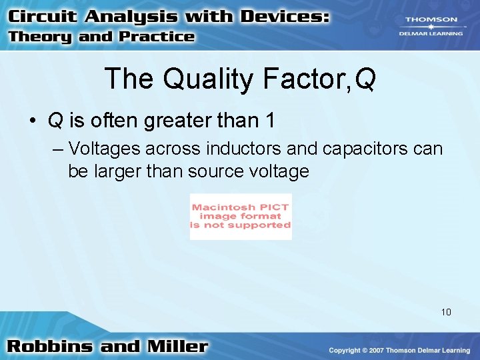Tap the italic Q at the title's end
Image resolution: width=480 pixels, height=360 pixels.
[x=365, y=79]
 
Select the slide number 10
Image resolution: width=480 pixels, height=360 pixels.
[x=446, y=311]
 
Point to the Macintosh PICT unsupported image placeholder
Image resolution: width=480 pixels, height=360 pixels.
[x=241, y=217]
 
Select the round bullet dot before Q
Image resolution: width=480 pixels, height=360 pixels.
[x=32, y=121]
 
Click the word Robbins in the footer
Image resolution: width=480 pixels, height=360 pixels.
[x=51, y=347]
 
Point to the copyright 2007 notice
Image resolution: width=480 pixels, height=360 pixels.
[x=399, y=351]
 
